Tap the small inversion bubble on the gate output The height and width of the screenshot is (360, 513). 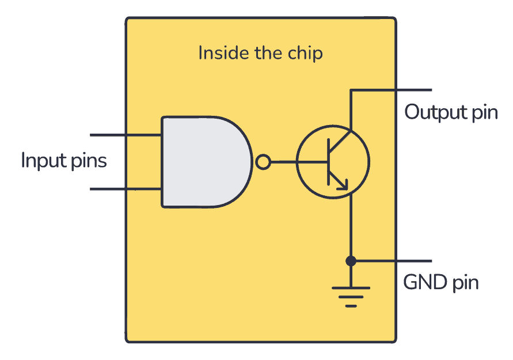(x=263, y=162)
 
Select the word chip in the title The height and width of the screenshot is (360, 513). (x=307, y=53)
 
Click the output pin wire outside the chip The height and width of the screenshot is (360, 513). (x=415, y=90)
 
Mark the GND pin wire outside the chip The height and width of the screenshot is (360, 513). (x=415, y=261)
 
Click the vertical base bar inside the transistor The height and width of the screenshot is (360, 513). (x=328, y=162)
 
